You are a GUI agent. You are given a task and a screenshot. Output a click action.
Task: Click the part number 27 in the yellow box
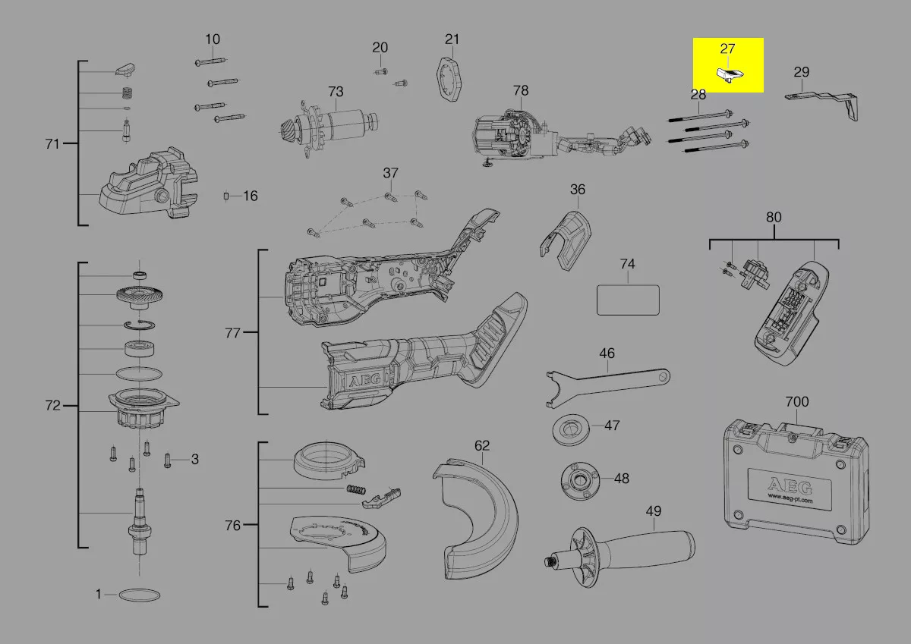click(727, 49)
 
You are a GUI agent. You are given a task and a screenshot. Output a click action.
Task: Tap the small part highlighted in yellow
click(730, 75)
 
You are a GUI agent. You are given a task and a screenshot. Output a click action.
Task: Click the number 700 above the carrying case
click(796, 402)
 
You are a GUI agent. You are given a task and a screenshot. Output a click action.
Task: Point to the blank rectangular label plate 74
click(628, 300)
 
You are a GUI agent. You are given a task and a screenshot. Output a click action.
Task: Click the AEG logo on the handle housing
click(365, 380)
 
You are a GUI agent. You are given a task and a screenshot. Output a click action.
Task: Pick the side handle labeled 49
click(619, 556)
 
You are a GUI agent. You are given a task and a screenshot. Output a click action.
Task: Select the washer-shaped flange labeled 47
click(571, 430)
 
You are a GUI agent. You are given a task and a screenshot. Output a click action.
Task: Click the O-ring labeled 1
click(140, 595)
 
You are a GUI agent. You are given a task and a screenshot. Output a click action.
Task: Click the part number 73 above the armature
click(336, 92)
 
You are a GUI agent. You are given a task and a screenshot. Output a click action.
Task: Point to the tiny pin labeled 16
click(226, 196)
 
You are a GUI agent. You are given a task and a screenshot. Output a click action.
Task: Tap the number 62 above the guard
click(482, 446)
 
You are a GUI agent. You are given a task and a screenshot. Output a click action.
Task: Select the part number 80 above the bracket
click(774, 218)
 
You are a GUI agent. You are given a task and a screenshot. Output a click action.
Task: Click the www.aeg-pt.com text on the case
click(790, 498)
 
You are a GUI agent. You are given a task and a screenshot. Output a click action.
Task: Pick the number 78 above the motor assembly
click(521, 90)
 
